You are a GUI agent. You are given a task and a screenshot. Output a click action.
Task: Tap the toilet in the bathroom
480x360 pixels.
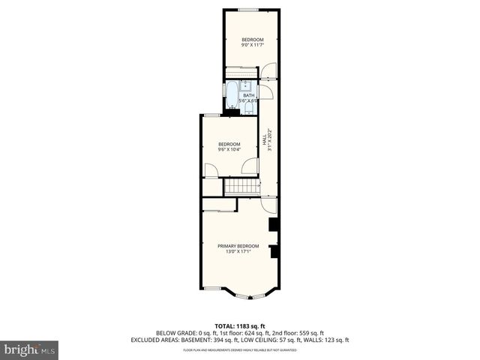[247, 109]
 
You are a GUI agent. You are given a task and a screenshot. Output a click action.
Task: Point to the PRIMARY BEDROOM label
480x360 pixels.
[238, 246]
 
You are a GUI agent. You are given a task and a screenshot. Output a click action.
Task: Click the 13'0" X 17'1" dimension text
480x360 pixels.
[238, 252]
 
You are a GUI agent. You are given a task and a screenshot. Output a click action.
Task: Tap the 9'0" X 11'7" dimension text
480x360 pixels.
[252, 45]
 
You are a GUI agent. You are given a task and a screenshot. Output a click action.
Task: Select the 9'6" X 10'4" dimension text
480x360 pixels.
[229, 149]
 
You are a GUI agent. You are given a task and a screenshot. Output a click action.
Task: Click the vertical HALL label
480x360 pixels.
[264, 139]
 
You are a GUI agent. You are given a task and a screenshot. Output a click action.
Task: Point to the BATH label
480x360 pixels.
[248, 95]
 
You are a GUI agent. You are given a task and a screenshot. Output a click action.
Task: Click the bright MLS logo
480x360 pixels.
[30, 349]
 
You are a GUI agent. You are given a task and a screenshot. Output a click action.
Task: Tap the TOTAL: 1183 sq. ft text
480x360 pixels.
[251, 325]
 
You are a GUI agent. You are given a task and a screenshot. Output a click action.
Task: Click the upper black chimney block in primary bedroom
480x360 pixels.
[274, 224]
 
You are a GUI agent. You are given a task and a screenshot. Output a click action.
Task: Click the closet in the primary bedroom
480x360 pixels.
[219, 205]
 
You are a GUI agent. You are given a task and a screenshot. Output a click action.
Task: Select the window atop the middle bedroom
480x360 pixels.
[213, 115]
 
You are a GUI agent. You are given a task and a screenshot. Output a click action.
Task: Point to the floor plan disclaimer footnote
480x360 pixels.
[240, 350]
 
